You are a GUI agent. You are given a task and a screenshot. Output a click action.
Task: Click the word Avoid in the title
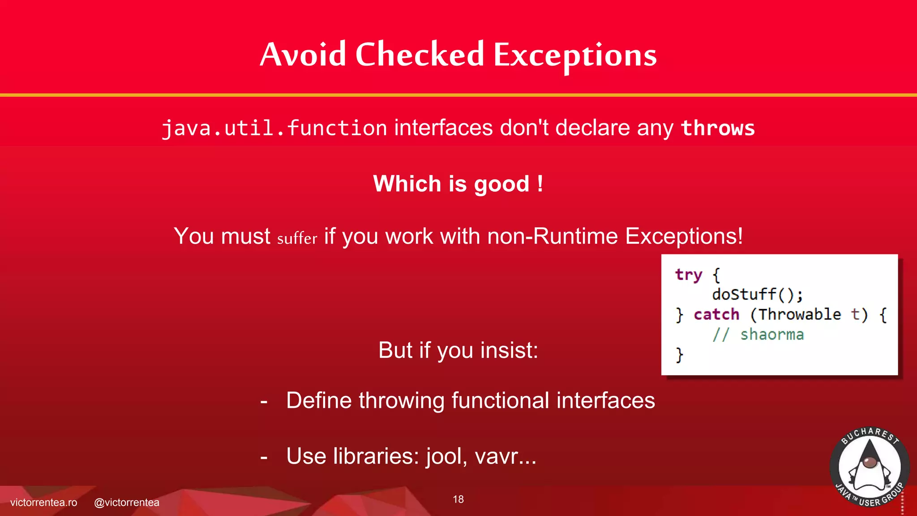pyautogui.click(x=303, y=55)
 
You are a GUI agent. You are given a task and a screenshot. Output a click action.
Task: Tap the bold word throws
pyautogui.click(x=717, y=128)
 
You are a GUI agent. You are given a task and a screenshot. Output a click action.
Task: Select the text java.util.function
pyautogui.click(x=274, y=129)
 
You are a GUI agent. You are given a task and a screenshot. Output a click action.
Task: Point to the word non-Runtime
pyautogui.click(x=553, y=236)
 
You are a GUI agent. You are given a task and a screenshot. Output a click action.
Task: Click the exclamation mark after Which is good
pyautogui.click(x=540, y=184)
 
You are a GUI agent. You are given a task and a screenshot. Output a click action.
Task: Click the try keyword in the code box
pyautogui.click(x=688, y=275)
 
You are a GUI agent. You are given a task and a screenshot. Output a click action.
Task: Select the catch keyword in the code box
pyautogui.click(x=716, y=314)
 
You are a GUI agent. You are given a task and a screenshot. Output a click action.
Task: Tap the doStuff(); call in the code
pyautogui.click(x=758, y=295)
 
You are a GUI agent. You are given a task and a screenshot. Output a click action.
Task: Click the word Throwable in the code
pyautogui.click(x=800, y=314)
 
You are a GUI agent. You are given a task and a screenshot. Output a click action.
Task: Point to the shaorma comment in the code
pyautogui.click(x=771, y=335)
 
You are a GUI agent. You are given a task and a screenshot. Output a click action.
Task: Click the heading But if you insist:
pyautogui.click(x=458, y=350)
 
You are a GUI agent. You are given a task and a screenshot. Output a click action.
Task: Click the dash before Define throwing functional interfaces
pyautogui.click(x=264, y=401)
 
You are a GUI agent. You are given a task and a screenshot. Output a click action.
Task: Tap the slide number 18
pyautogui.click(x=458, y=499)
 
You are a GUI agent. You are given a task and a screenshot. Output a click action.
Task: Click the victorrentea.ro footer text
pyautogui.click(x=43, y=503)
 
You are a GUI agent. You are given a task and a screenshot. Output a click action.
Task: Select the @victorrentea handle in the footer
pyautogui.click(x=127, y=503)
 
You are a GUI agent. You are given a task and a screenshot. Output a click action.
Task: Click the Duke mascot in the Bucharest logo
pyautogui.click(x=869, y=468)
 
